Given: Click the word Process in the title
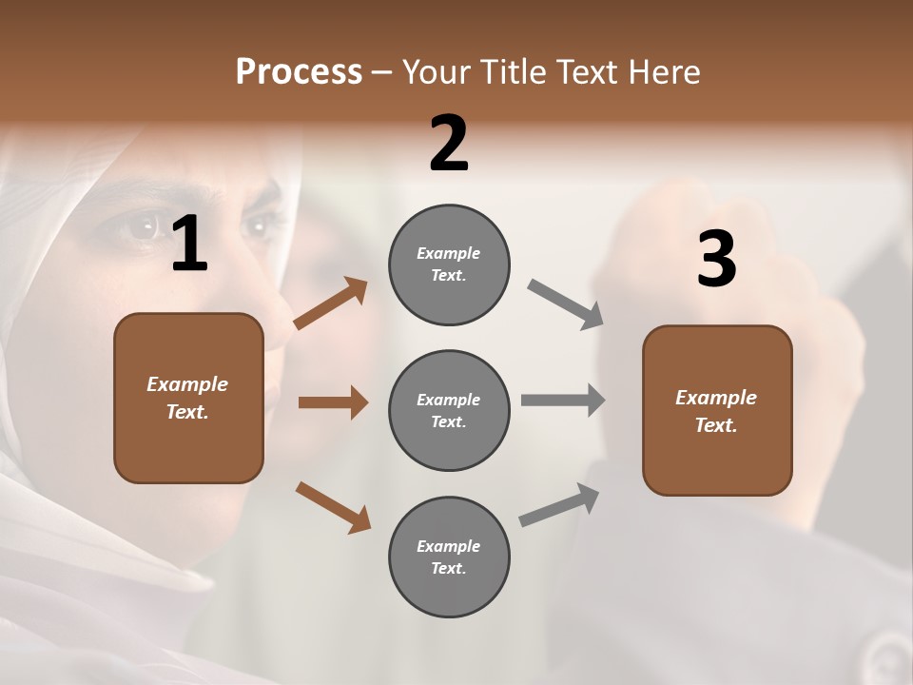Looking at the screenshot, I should pos(299,72).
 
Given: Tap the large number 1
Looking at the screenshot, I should pos(189,245).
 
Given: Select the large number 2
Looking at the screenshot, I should pos(449,144).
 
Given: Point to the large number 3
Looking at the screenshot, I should pos(716,259).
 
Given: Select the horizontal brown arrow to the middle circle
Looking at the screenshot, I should pos(333,402).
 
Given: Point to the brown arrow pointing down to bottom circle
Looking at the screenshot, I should pos(333,506).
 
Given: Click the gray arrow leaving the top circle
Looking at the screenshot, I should pos(566,305).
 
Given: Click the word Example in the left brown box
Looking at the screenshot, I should pos(187,384).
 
